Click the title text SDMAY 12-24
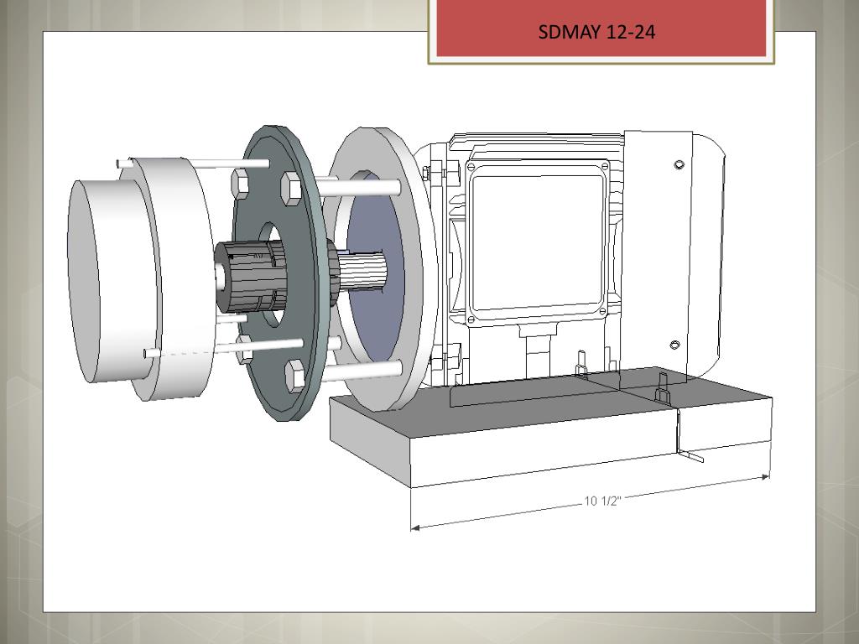596,32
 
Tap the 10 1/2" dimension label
602,501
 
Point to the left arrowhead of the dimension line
414,528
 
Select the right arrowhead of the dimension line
765,477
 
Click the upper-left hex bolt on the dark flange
240,183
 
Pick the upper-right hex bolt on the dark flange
291,189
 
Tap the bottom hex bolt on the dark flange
295,376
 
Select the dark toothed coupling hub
251,277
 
